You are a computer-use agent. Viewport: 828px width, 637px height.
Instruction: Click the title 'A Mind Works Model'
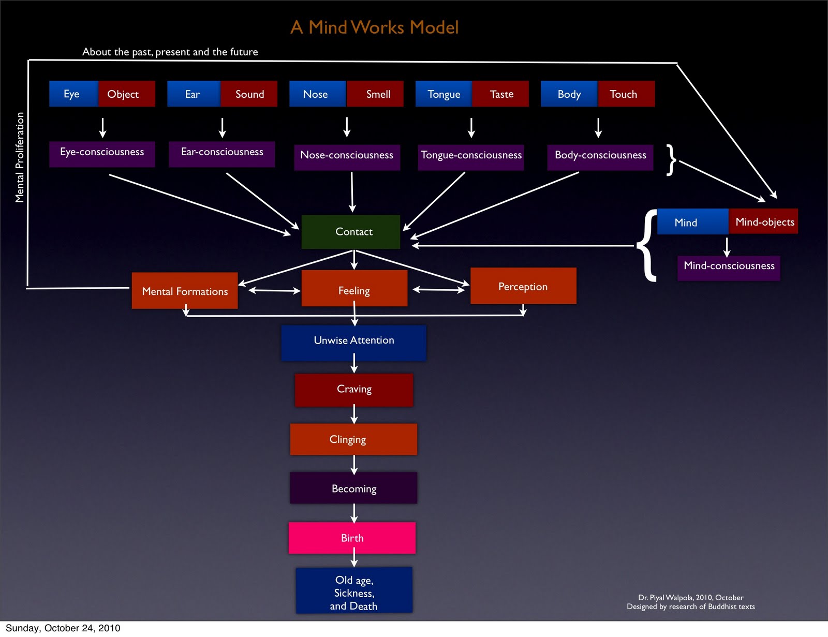click(374, 27)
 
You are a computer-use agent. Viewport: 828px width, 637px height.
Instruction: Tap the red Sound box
click(249, 94)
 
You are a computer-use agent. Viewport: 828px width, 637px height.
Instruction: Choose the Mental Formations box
click(185, 291)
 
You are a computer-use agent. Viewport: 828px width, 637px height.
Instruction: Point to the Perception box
click(523, 286)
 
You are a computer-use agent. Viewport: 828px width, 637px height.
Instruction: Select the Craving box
click(354, 390)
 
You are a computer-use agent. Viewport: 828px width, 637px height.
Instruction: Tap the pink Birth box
click(352, 538)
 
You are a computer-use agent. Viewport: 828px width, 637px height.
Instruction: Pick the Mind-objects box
click(764, 221)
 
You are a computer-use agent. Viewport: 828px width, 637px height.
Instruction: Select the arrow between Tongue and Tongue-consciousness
click(471, 127)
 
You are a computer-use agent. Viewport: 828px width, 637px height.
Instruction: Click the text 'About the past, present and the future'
click(170, 52)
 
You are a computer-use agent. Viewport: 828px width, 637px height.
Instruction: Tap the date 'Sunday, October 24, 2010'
click(63, 628)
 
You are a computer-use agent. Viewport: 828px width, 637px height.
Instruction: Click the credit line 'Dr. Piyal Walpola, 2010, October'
click(690, 597)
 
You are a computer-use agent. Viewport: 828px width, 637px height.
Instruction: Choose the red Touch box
click(626, 94)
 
